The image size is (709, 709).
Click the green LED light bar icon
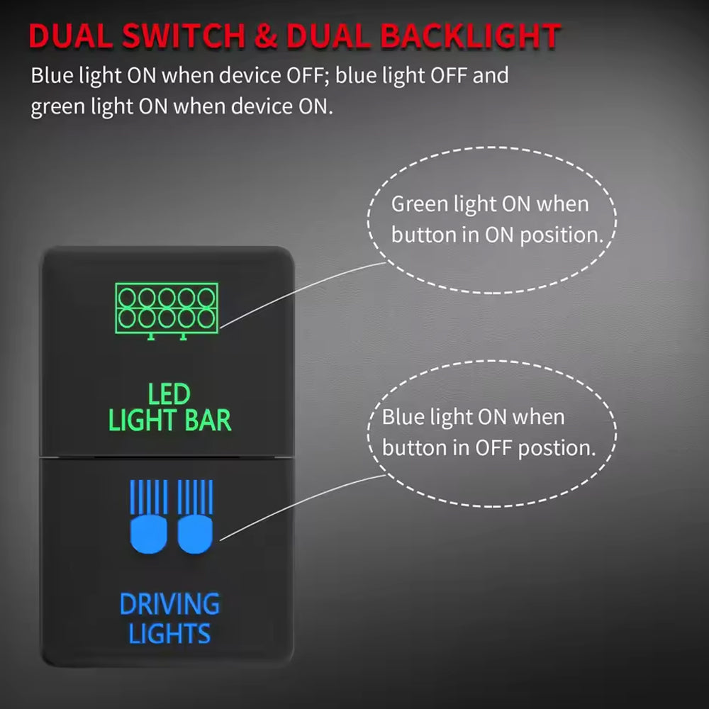tap(166, 308)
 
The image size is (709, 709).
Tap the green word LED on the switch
tap(169, 393)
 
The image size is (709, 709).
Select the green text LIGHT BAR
tap(170, 420)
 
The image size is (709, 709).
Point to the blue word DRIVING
tap(169, 605)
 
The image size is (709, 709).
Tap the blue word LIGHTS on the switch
tap(170, 633)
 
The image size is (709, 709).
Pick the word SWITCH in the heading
tap(187, 38)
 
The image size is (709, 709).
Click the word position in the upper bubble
tap(561, 235)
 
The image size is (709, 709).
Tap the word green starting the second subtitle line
tap(57, 107)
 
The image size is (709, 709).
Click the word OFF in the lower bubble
tap(493, 448)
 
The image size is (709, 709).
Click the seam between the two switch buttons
tap(168, 457)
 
